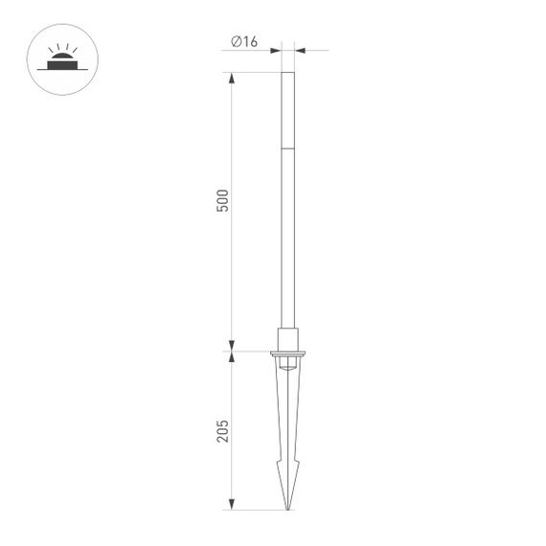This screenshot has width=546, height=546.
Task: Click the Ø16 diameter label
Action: (245, 41)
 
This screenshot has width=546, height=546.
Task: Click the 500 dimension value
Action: (223, 201)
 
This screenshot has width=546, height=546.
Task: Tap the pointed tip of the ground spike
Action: (287, 509)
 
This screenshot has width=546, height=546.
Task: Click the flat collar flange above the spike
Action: (287, 353)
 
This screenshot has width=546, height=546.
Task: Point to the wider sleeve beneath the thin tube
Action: (287, 339)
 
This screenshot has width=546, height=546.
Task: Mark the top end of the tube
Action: (287, 73)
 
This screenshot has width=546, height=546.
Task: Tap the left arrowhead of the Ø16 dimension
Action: (278, 50)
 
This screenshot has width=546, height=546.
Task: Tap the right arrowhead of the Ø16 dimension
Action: (297, 50)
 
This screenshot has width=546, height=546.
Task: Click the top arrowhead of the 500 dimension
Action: (231, 78)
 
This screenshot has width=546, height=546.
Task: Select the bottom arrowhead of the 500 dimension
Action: (231, 346)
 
